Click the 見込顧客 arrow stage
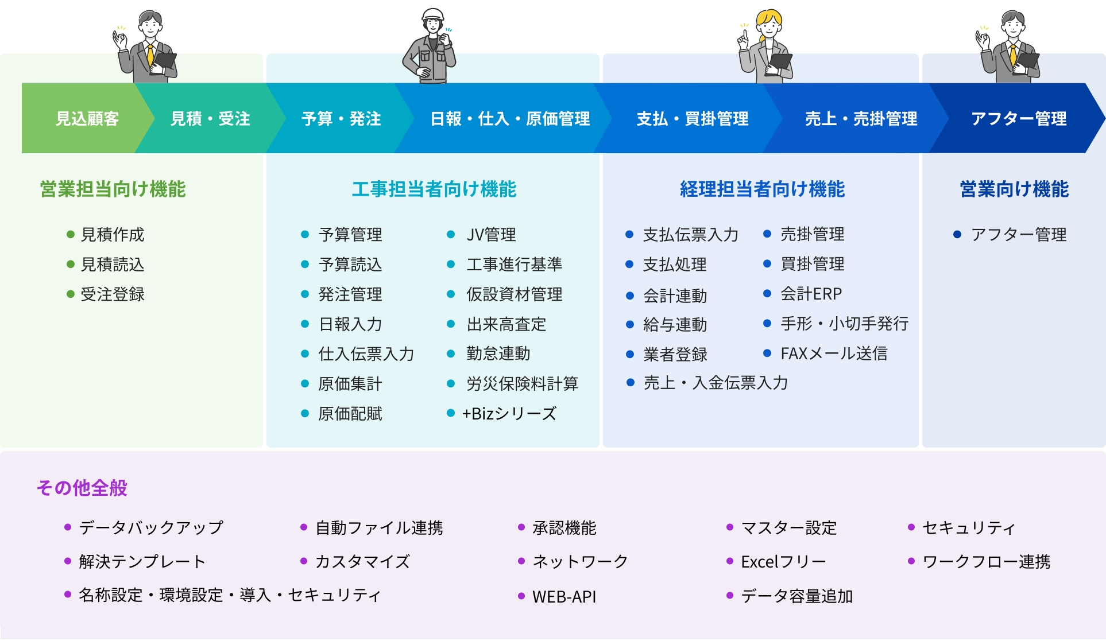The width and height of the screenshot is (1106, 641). click(87, 119)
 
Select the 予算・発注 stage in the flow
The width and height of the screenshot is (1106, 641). click(341, 119)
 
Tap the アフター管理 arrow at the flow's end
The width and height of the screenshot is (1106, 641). click(1018, 119)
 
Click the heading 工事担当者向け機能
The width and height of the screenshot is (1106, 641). click(434, 189)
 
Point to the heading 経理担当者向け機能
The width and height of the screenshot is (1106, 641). click(762, 189)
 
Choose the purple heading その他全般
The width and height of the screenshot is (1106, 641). click(82, 488)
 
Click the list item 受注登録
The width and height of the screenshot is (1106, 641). click(113, 294)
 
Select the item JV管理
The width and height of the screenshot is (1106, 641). click(491, 235)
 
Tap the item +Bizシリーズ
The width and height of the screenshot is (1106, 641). click(509, 414)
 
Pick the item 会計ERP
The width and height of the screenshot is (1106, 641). click(811, 294)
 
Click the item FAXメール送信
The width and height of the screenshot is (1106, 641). click(834, 353)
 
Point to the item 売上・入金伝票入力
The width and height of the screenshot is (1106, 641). click(716, 383)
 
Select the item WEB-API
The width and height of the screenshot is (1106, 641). click(564, 597)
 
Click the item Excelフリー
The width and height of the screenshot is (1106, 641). click(783, 562)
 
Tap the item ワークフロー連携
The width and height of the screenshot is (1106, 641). click(986, 562)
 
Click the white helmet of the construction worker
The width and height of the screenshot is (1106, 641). click(433, 14)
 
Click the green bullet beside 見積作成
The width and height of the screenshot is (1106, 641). click(71, 235)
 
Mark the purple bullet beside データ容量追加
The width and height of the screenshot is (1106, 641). click(730, 596)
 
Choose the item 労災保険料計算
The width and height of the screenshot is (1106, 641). click(522, 384)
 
